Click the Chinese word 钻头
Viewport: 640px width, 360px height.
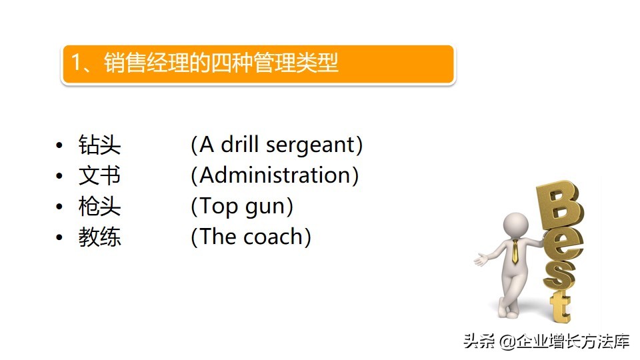[100, 145]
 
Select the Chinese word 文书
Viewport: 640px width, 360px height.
[100, 175]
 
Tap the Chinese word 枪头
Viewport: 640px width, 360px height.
[100, 206]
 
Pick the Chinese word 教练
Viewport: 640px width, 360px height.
[100, 237]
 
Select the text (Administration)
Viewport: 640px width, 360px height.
[275, 175]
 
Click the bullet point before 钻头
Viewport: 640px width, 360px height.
[60, 145]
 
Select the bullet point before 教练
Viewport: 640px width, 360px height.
[60, 237]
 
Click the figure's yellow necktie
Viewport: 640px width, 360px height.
[515, 251]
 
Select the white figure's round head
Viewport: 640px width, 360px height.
[515, 224]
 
